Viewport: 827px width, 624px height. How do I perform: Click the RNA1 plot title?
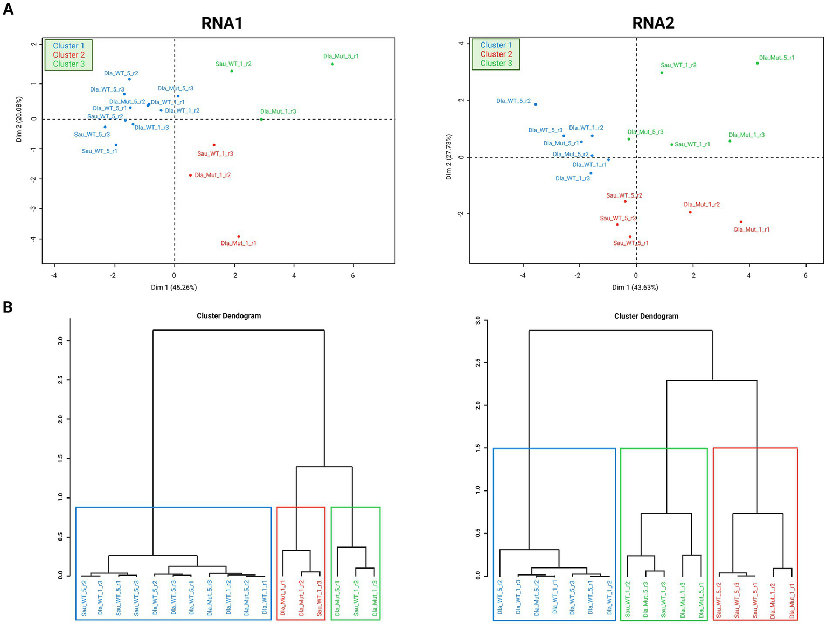click(221, 23)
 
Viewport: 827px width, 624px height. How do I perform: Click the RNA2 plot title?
click(653, 23)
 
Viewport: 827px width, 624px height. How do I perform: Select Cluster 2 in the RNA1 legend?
click(68, 55)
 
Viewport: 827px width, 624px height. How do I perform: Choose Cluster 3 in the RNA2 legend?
click(496, 64)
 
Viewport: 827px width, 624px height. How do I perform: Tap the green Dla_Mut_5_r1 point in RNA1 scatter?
click(332, 64)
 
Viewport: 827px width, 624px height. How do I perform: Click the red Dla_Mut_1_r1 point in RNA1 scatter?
click(239, 236)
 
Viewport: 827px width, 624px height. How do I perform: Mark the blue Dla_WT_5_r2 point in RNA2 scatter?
click(536, 104)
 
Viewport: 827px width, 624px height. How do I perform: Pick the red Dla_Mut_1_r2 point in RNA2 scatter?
click(690, 212)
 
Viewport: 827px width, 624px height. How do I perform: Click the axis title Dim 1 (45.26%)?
click(173, 288)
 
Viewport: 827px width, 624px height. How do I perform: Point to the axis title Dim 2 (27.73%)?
click(449, 157)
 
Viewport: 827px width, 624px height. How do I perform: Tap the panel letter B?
click(8, 307)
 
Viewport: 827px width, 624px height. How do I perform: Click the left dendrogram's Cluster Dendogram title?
click(228, 316)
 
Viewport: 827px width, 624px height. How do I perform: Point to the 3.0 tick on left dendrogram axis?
click(61, 341)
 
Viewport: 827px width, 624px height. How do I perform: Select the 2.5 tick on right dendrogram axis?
click(478, 363)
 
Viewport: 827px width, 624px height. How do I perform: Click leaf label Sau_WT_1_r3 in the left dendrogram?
click(319, 598)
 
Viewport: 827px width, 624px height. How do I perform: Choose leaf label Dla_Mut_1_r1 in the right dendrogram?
click(792, 598)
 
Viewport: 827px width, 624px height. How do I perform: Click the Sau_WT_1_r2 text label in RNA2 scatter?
click(678, 65)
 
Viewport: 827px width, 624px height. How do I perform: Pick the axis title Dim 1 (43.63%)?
click(635, 288)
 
